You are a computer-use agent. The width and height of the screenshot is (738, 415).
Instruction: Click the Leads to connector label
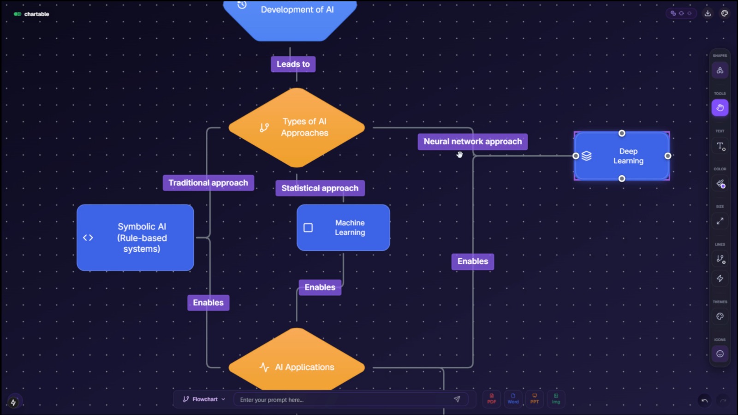(x=293, y=64)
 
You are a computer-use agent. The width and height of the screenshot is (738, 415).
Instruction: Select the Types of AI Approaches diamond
(x=297, y=128)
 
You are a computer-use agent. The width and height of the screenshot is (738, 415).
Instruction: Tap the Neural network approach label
(x=472, y=142)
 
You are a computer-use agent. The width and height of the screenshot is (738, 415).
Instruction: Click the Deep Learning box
(x=628, y=156)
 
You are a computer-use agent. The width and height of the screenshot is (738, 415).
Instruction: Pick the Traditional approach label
(x=208, y=183)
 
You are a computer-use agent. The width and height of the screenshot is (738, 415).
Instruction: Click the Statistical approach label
(x=320, y=188)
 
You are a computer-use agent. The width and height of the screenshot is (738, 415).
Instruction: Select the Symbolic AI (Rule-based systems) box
(x=135, y=237)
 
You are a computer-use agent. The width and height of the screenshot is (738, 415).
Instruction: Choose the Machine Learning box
(x=343, y=228)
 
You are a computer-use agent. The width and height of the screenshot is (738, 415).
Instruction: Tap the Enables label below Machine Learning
(x=320, y=287)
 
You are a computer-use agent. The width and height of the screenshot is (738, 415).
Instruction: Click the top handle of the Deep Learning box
(x=622, y=133)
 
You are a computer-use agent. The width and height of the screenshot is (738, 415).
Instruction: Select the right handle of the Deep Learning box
(x=667, y=156)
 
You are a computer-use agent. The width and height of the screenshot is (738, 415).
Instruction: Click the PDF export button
(x=492, y=398)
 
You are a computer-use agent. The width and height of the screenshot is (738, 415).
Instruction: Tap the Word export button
(x=513, y=398)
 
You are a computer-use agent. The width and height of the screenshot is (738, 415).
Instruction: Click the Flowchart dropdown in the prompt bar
(x=204, y=399)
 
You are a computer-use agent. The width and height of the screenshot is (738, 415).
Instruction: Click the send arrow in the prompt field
(x=457, y=399)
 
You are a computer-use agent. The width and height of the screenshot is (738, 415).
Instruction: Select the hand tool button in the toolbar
(x=720, y=108)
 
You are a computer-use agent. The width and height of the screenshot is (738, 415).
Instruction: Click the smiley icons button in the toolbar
(x=720, y=354)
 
